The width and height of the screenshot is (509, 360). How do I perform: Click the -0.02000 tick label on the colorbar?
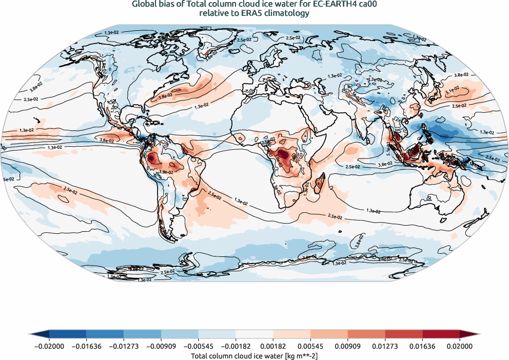pyautogui.click(x=49, y=347)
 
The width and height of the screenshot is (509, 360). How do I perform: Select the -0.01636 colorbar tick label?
pyautogui.click(x=87, y=347)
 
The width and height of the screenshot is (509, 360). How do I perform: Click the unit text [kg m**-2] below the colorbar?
pyautogui.click(x=301, y=355)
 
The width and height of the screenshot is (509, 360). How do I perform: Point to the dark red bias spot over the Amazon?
pyautogui.click(x=152, y=159)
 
